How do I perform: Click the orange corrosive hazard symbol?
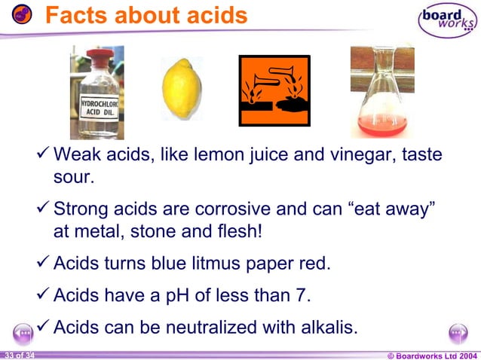[x=274, y=90]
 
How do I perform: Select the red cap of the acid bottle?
[x=97, y=57]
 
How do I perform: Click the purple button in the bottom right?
[x=458, y=333]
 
